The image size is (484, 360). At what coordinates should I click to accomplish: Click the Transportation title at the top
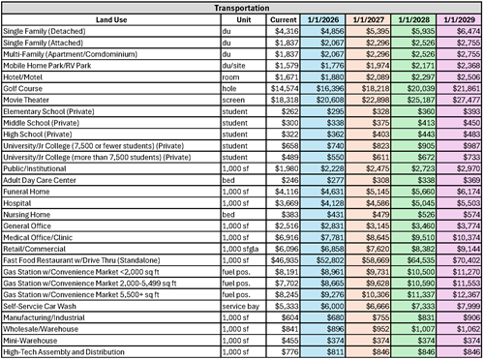[x=241, y=6]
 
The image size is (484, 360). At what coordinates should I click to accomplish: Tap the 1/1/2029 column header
[x=458, y=18]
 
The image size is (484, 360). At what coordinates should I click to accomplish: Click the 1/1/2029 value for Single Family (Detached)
[x=458, y=32]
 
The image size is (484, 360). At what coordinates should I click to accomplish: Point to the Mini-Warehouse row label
[x=31, y=342]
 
